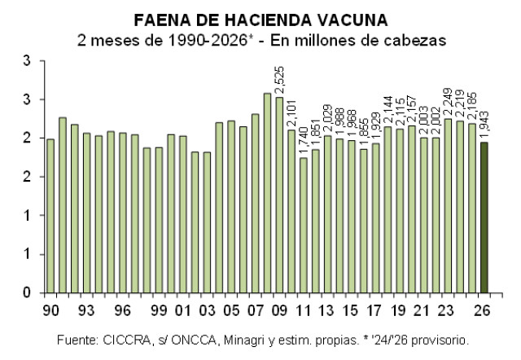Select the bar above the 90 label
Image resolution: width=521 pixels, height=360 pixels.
coord(50,216)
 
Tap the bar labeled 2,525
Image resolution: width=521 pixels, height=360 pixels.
coord(279,195)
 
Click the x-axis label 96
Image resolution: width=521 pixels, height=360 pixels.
coord(123,310)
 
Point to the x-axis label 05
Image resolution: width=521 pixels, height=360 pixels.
coord(231,310)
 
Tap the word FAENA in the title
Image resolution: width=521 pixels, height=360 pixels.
coord(159,19)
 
